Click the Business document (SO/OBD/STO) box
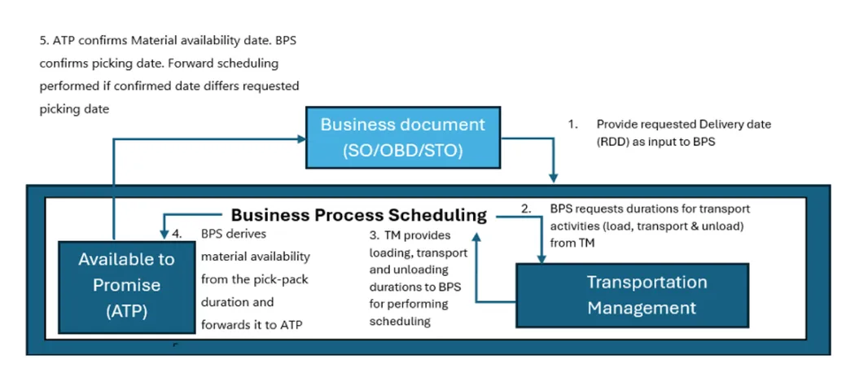pos(402,138)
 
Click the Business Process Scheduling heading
pos(359,215)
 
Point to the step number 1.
pos(572,125)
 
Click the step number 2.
pos(527,208)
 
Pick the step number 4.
pos(177,233)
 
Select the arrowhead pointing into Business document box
pos(300,140)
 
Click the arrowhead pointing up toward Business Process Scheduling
pos(476,234)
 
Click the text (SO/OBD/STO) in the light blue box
pos(402,150)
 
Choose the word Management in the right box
pos(642,308)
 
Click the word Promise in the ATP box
pos(126,285)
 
